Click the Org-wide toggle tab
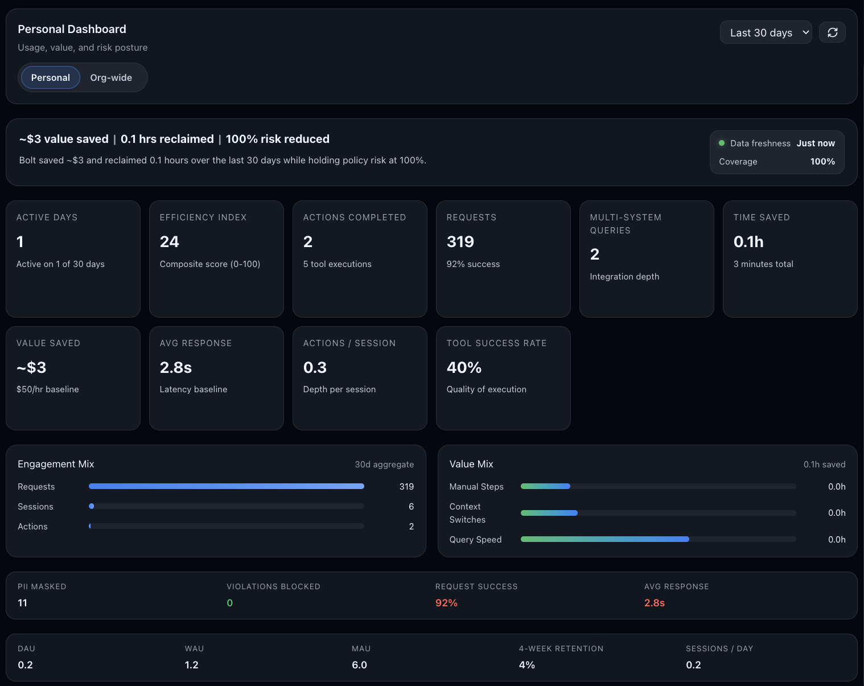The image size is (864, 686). click(x=111, y=77)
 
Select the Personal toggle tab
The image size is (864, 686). click(x=51, y=77)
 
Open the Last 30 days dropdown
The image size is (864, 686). click(x=766, y=32)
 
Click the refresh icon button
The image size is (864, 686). click(x=832, y=32)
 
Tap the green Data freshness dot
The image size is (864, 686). click(x=722, y=143)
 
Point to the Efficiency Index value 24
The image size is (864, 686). click(x=170, y=242)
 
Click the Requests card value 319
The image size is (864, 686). click(x=460, y=242)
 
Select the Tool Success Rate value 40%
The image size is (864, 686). click(x=464, y=368)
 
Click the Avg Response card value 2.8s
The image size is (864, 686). click(x=176, y=368)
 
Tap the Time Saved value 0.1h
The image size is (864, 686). click(x=748, y=242)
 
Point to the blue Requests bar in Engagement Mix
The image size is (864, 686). click(x=227, y=486)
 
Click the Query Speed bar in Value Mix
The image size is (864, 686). click(x=604, y=539)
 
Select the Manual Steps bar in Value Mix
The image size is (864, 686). click(x=545, y=486)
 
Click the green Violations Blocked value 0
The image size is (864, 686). click(x=230, y=603)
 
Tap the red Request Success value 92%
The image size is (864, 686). click(x=446, y=603)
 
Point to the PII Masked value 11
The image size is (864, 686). click(x=23, y=603)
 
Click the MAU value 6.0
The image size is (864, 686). click(x=359, y=665)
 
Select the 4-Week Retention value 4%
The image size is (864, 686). click(x=526, y=665)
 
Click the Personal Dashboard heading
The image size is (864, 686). click(x=72, y=29)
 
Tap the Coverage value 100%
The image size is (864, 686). click(x=822, y=162)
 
